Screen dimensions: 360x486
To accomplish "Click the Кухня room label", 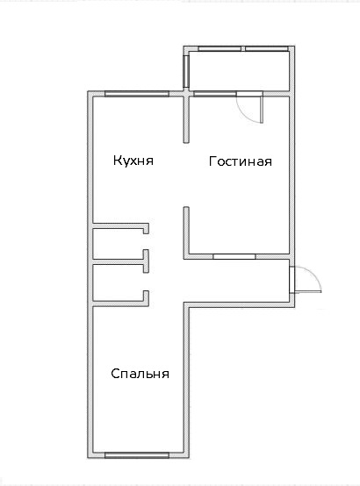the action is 133,161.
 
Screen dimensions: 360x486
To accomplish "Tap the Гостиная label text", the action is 241,161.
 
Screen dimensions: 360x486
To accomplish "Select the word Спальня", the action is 140,374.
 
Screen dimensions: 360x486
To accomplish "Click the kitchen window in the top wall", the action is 137,94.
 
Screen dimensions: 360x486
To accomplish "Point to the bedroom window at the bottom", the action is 137,455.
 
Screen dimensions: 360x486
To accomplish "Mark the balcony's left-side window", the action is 186,72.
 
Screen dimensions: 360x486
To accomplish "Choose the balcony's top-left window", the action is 220,48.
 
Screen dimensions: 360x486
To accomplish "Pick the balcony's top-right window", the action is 267,48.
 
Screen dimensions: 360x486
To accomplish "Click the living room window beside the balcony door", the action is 215,94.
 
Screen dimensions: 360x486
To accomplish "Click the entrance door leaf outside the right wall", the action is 308,291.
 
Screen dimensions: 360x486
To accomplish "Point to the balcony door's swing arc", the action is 243,114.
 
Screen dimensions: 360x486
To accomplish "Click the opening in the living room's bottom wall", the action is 234,256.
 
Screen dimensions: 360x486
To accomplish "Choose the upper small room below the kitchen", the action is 118,244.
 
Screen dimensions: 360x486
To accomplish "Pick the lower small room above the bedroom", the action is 118,282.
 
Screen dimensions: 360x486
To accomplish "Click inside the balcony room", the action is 240,71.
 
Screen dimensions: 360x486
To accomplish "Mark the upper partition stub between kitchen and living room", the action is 186,119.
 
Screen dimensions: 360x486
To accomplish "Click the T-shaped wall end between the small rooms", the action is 146,261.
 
